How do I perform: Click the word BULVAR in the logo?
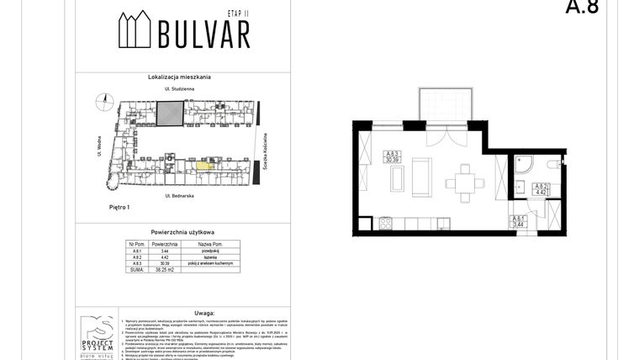click(204, 34)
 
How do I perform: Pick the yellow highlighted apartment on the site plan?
click(203, 165)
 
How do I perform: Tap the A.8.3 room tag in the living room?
click(393, 156)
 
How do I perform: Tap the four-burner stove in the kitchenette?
click(385, 224)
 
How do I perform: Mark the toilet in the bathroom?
click(552, 164)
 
